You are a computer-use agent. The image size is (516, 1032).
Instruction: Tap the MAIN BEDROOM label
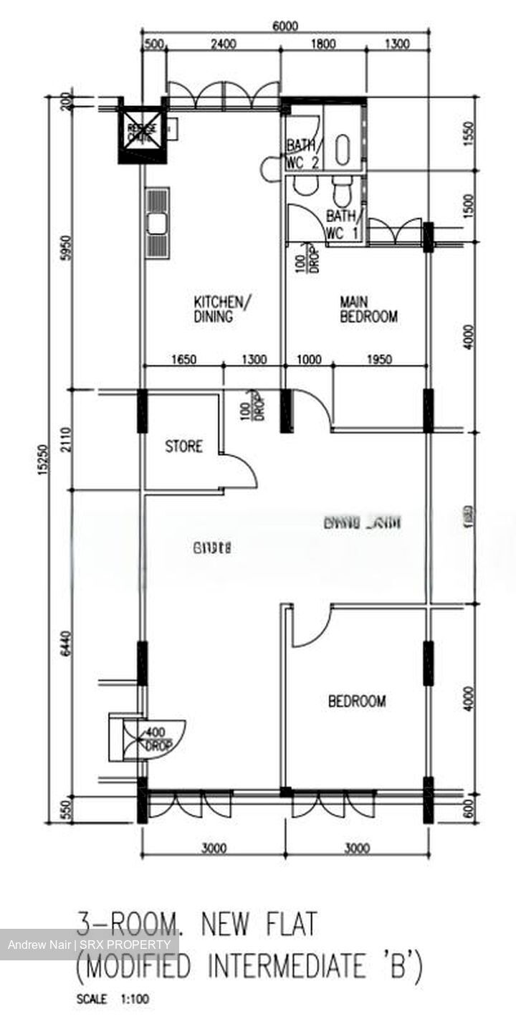click(x=368, y=310)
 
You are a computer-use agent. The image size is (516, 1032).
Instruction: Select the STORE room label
click(x=184, y=446)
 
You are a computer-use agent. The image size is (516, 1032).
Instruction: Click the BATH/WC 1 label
click(x=343, y=224)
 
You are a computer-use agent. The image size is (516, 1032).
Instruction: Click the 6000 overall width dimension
click(x=285, y=27)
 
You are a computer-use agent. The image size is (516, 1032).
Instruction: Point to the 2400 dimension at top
click(x=223, y=44)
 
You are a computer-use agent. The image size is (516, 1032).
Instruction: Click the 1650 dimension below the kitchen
click(x=184, y=360)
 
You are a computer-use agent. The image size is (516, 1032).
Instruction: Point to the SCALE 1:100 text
click(x=113, y=998)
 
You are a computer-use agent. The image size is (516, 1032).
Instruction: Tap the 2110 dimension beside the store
click(x=64, y=441)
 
